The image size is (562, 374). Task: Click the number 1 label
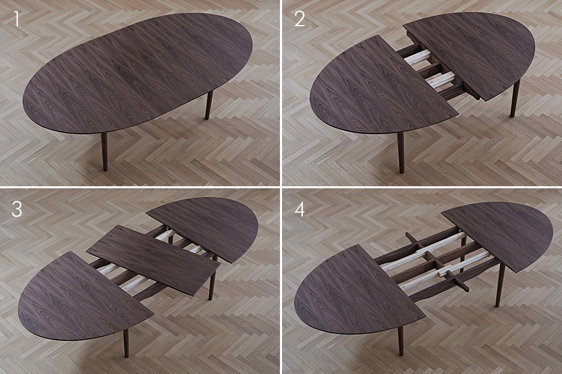point(16,19)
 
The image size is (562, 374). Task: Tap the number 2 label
point(299,19)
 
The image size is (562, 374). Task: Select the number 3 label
point(16,209)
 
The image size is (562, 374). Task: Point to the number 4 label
point(299,209)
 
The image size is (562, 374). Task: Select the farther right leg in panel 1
point(209,105)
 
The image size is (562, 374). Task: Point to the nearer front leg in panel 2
point(401,153)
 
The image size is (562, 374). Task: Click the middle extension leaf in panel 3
point(153,259)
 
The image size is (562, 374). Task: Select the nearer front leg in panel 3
point(126,343)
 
